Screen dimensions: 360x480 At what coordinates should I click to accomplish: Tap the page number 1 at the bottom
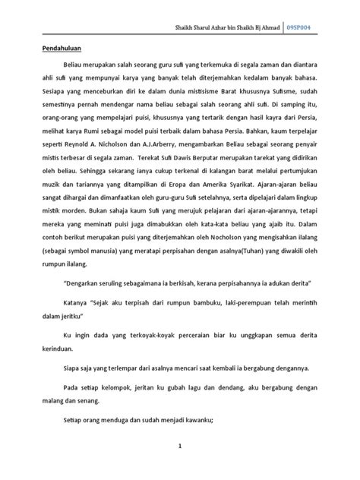[180, 447]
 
